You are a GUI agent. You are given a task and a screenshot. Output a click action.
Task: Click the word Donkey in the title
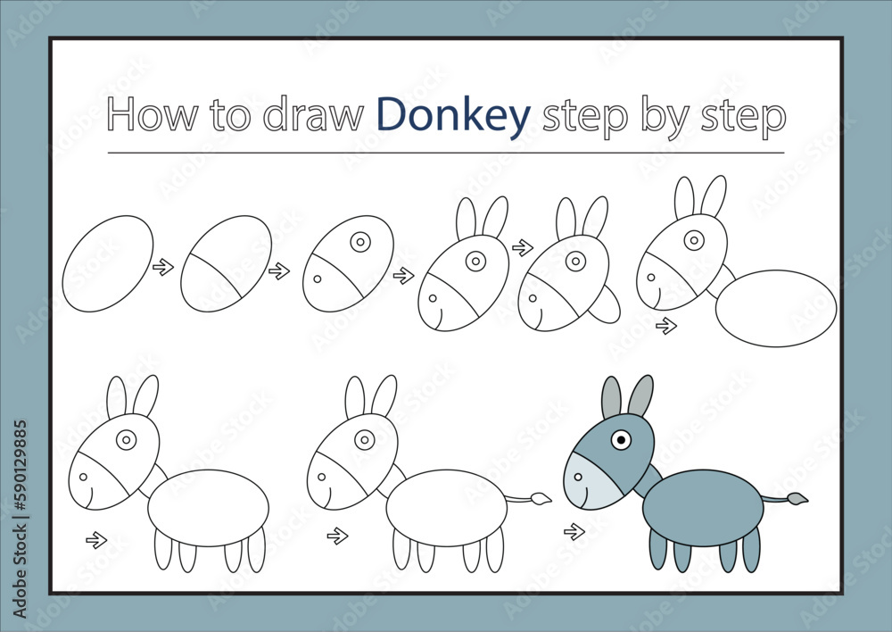(x=453, y=115)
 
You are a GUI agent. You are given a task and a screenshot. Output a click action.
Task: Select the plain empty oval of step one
(x=108, y=263)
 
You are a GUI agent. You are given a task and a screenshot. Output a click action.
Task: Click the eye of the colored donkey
(x=621, y=439)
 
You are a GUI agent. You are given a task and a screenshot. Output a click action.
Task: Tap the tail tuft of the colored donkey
(x=798, y=498)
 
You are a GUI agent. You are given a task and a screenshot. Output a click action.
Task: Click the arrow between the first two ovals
(x=162, y=266)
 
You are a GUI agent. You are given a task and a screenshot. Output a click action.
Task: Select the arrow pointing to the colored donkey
(x=574, y=532)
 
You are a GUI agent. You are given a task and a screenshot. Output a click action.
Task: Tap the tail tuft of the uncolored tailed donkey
(x=541, y=498)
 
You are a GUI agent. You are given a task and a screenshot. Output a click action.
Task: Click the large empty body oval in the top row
(x=776, y=307)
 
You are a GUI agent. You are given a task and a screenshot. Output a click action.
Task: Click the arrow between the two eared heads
(x=522, y=247)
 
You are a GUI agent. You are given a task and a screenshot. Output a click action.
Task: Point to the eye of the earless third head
(x=360, y=242)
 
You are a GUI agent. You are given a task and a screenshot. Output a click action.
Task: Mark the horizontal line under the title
(x=446, y=153)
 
